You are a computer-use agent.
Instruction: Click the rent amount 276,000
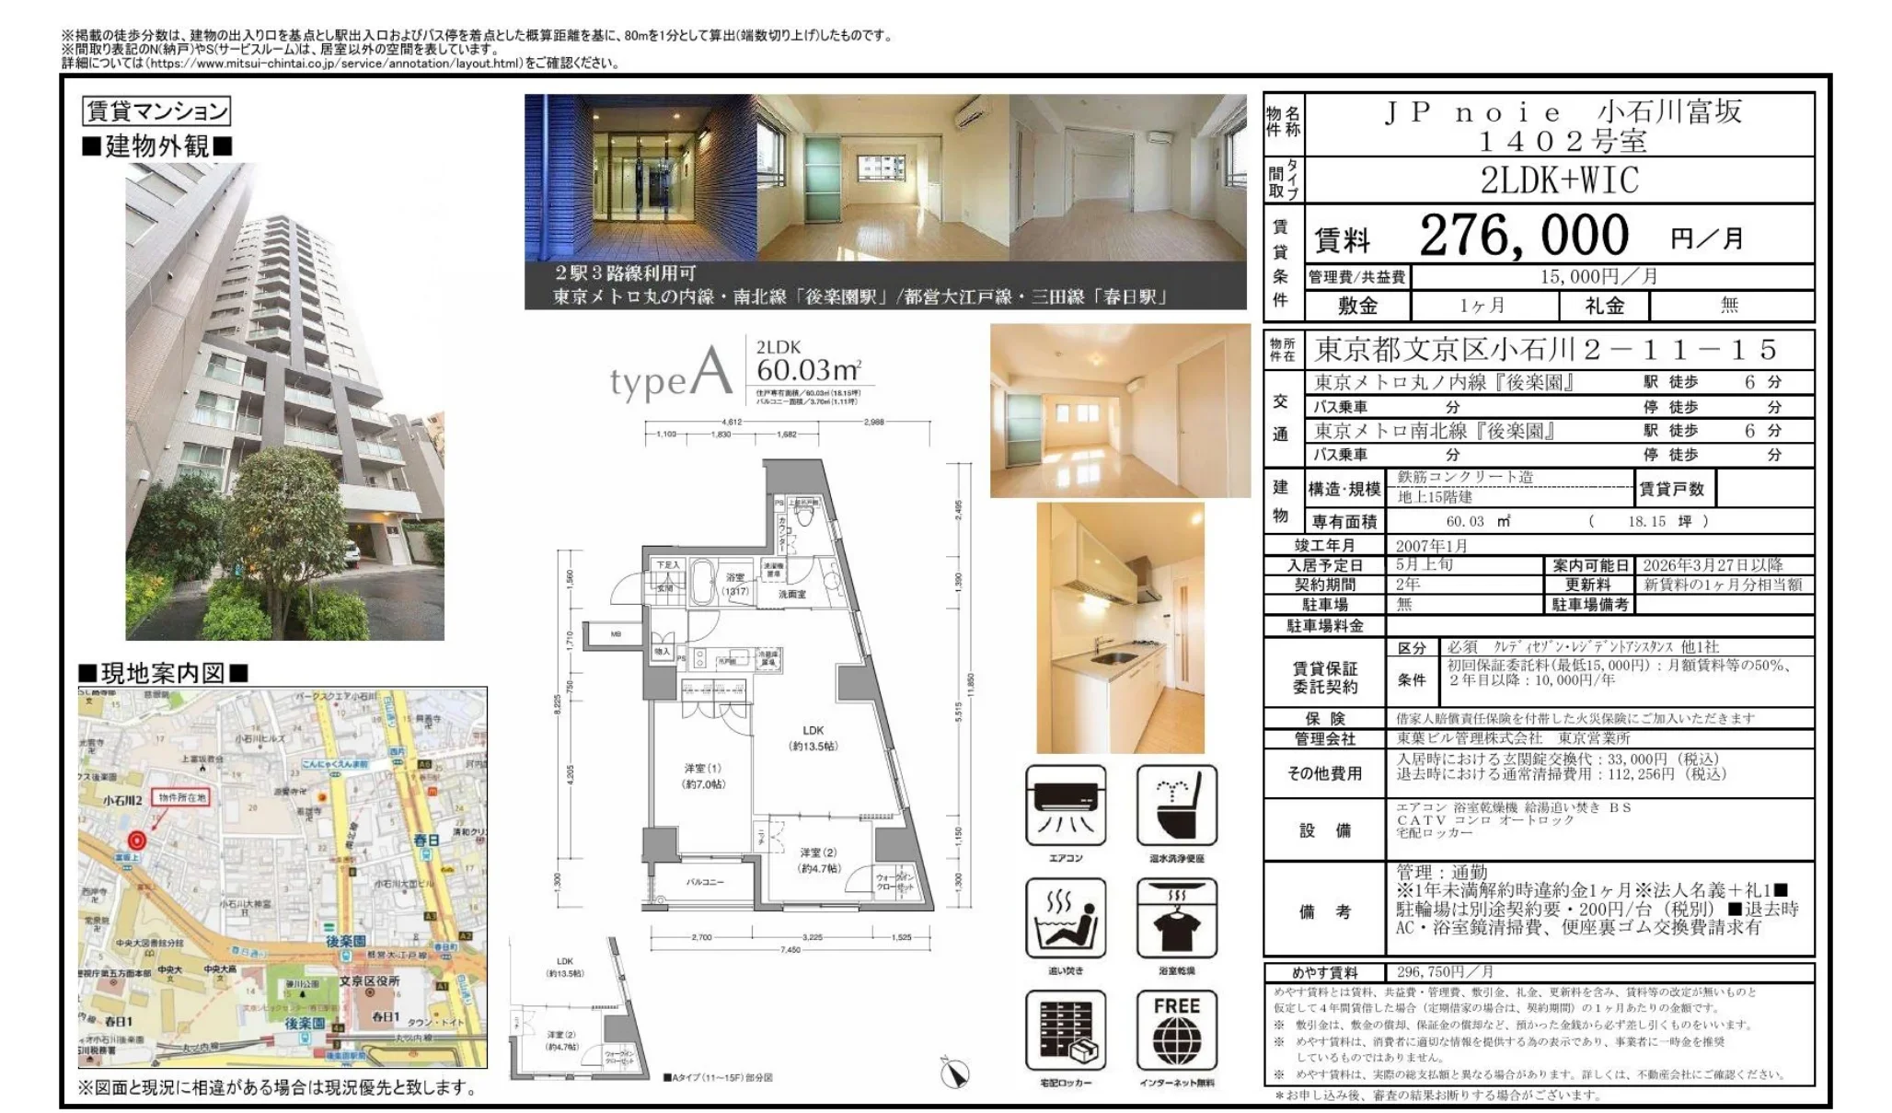1523,236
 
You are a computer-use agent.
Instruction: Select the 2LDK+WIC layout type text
1559,180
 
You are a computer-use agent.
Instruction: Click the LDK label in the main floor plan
813,730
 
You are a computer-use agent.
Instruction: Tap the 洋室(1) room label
703,768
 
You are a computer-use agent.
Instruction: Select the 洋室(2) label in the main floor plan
818,853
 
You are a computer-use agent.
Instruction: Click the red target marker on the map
137,840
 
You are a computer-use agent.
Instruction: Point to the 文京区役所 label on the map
369,980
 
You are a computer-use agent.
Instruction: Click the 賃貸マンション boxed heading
156,111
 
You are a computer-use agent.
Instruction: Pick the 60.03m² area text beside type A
808,370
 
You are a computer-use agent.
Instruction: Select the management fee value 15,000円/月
1599,277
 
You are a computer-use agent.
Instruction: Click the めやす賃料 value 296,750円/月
1444,972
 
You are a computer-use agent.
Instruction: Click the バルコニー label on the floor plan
704,882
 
